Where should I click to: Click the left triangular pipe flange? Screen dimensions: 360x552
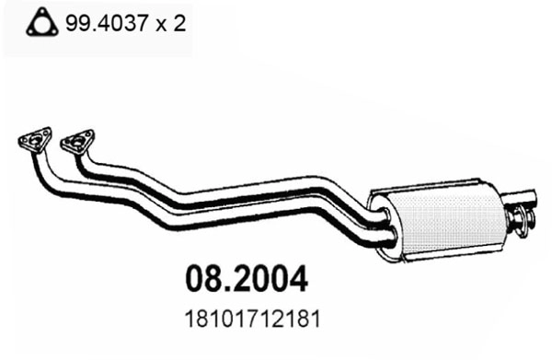click(34, 141)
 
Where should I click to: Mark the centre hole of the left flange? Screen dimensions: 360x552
click(35, 141)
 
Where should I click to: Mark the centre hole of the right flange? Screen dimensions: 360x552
click(77, 142)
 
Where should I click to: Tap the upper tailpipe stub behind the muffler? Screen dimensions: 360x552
click(525, 196)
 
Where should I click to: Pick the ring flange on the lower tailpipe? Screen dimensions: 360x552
click(521, 219)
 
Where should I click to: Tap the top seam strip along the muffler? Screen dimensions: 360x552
click(432, 188)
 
